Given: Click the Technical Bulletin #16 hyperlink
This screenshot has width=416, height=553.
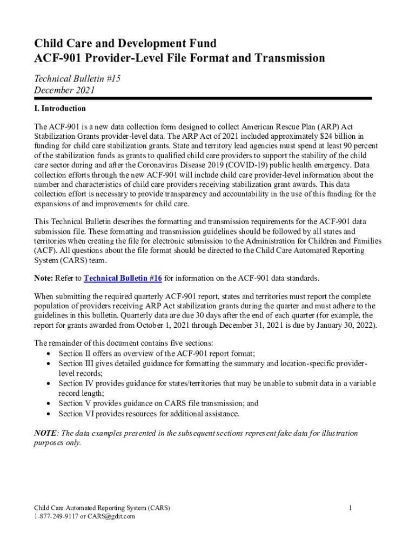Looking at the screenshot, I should (123, 278).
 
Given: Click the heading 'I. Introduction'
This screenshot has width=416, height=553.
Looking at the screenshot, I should (59, 109).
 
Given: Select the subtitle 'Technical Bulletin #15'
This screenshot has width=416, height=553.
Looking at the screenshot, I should (77, 79).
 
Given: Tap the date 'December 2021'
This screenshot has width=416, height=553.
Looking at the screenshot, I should (64, 90).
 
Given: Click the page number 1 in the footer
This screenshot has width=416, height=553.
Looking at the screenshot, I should (351, 508).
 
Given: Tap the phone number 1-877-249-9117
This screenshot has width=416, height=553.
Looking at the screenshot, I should (56, 516).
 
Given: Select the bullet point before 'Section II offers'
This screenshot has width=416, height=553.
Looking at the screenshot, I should (49, 354).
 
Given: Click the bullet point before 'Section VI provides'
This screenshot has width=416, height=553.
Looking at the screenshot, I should (49, 414).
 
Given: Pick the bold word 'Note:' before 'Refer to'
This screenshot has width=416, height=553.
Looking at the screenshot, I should (43, 278).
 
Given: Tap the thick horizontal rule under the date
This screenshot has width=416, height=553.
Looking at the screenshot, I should (203, 99).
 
